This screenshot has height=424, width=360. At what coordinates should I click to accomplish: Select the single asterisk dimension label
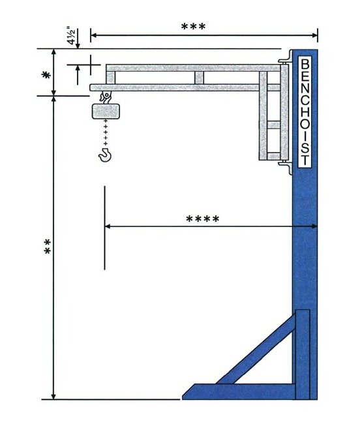pyautogui.click(x=46, y=75)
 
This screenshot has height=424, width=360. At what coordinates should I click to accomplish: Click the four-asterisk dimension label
pyautogui.click(x=202, y=219)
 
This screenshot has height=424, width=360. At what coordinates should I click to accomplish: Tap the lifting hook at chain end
pyautogui.click(x=104, y=154)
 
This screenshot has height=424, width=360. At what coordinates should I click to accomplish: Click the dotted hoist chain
pyautogui.click(x=104, y=134)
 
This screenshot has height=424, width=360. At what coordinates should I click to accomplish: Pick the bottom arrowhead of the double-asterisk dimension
pyautogui.click(x=53, y=395)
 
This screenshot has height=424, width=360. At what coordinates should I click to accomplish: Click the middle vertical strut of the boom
pyautogui.click(x=199, y=78)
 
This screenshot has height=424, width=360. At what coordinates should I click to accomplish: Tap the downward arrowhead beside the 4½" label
pyautogui.click(x=78, y=45)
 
